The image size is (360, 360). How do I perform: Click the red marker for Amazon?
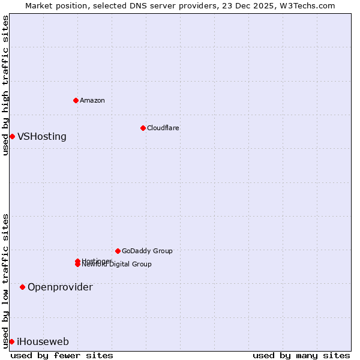click(x=76, y=100)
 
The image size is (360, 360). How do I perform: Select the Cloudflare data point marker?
click(x=143, y=128)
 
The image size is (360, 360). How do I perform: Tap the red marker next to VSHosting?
click(x=12, y=136)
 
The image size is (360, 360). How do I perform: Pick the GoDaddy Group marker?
click(x=118, y=251)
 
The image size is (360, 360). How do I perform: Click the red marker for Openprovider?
click(x=22, y=287)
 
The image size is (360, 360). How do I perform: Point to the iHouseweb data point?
click(x=11, y=341)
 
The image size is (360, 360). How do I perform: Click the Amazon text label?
click(x=92, y=100)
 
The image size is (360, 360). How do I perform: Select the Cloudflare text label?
click(x=163, y=128)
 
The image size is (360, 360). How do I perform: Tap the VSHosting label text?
click(x=42, y=136)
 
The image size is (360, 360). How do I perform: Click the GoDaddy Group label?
click(x=147, y=251)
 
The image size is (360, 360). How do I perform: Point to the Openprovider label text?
click(x=60, y=287)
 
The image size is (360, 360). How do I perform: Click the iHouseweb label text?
click(x=43, y=342)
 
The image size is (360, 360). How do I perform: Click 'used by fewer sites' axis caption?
click(x=62, y=355)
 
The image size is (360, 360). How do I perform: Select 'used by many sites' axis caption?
click(x=301, y=355)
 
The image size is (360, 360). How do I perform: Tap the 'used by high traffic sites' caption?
click(x=5, y=85)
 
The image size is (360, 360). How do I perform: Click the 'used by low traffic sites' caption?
click(x=5, y=281)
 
